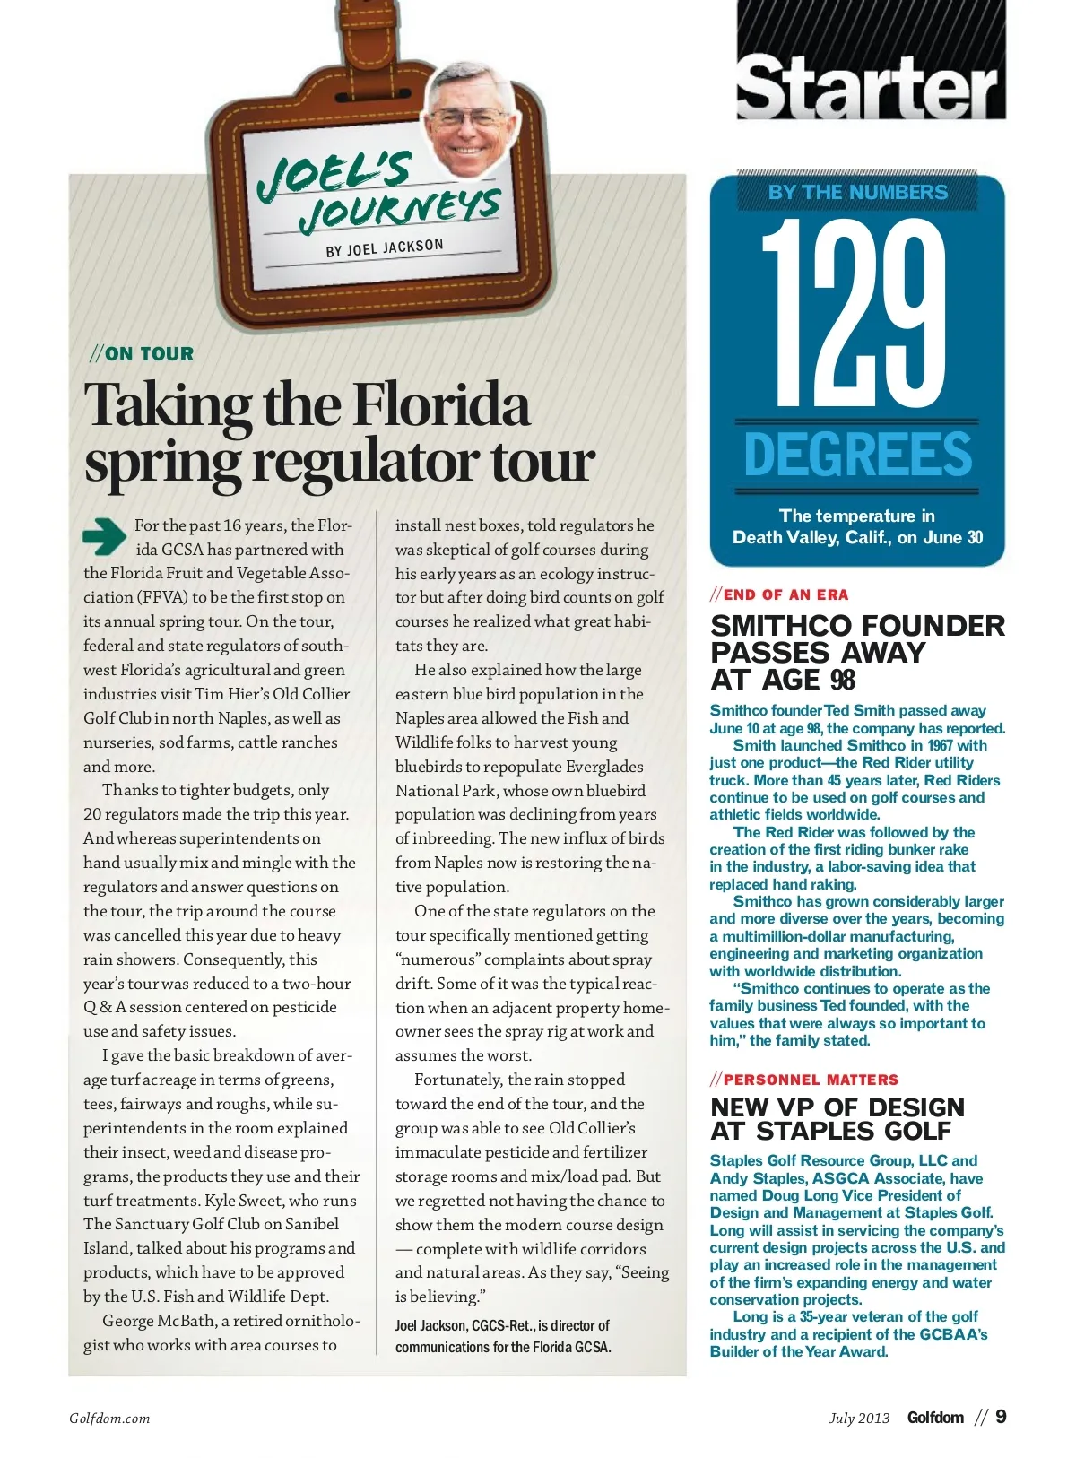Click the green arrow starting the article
click(x=104, y=536)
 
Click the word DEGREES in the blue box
click(x=857, y=455)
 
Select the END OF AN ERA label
click(x=785, y=594)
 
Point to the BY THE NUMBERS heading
click(x=857, y=192)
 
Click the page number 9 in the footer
click(x=1001, y=1417)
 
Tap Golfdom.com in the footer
click(x=109, y=1419)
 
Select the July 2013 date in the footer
click(x=858, y=1418)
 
